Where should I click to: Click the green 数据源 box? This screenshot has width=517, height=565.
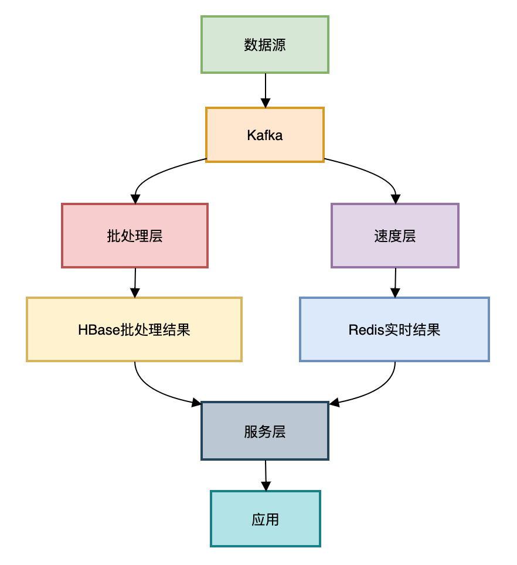[x=265, y=45]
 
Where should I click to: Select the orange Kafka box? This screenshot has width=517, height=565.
[x=265, y=135]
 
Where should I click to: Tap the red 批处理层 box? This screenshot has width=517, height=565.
[x=135, y=236]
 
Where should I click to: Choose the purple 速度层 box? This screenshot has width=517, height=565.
[x=394, y=236]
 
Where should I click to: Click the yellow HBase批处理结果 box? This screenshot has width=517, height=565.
[x=134, y=329]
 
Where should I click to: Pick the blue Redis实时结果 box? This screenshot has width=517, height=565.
[x=394, y=329]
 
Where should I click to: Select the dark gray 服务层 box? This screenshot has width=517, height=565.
[x=265, y=431]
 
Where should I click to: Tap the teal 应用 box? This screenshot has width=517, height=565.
[x=266, y=519]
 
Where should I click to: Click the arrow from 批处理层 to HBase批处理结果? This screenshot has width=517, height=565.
[x=135, y=282]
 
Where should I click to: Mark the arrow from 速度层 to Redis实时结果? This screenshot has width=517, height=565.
[x=395, y=282]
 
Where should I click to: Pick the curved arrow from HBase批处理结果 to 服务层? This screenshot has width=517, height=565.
[x=155, y=392]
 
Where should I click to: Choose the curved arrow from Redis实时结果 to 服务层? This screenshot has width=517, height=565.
[x=375, y=392]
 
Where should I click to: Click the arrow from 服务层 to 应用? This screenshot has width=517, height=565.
[x=266, y=475]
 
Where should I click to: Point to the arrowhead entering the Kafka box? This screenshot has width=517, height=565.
[x=266, y=103]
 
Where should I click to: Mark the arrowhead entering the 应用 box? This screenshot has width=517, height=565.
[x=266, y=486]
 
